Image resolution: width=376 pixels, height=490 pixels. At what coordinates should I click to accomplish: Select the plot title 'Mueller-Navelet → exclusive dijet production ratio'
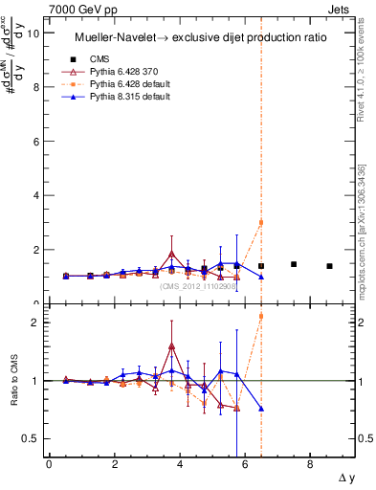coord(201,37)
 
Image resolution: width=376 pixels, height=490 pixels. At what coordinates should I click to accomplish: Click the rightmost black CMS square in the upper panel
coord(329,266)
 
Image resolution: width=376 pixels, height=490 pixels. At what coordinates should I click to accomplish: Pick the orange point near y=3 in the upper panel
coord(261,223)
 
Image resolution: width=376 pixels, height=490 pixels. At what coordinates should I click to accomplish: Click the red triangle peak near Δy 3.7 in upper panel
coord(171,254)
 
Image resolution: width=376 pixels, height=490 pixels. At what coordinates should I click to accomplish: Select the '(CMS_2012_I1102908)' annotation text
coord(197,286)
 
